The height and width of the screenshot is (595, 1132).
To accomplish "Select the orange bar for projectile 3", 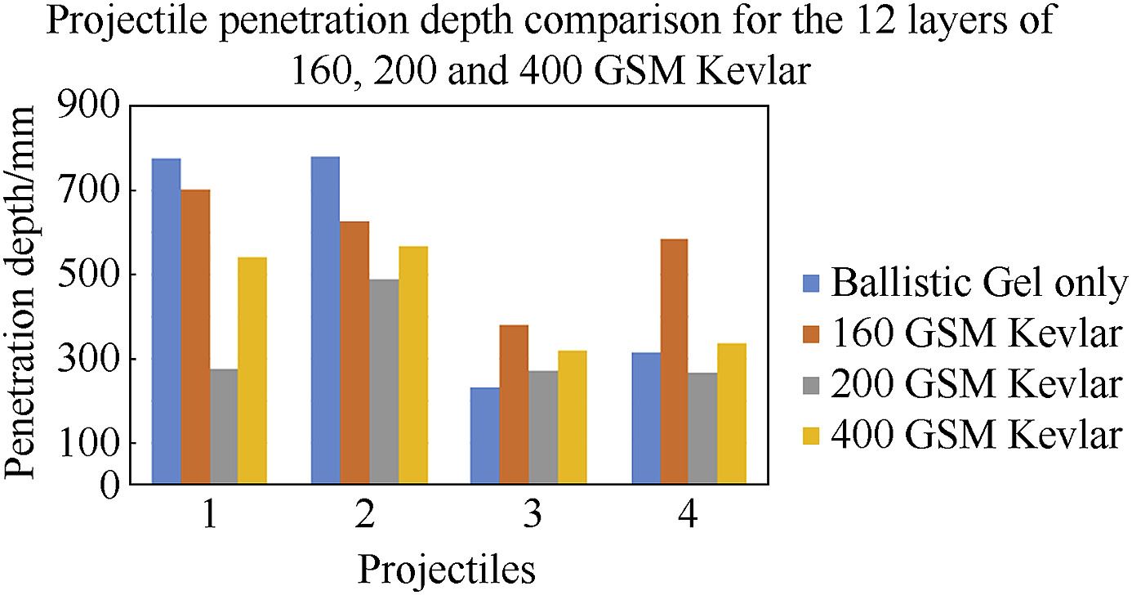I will point(514,405).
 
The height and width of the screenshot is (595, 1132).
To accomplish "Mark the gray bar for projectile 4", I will point(702,428).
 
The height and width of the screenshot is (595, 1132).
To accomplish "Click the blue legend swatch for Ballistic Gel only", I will point(810,284).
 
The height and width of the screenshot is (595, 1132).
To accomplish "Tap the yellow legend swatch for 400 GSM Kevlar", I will point(810,435).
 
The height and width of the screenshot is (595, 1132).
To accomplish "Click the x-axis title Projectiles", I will point(447,569).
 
